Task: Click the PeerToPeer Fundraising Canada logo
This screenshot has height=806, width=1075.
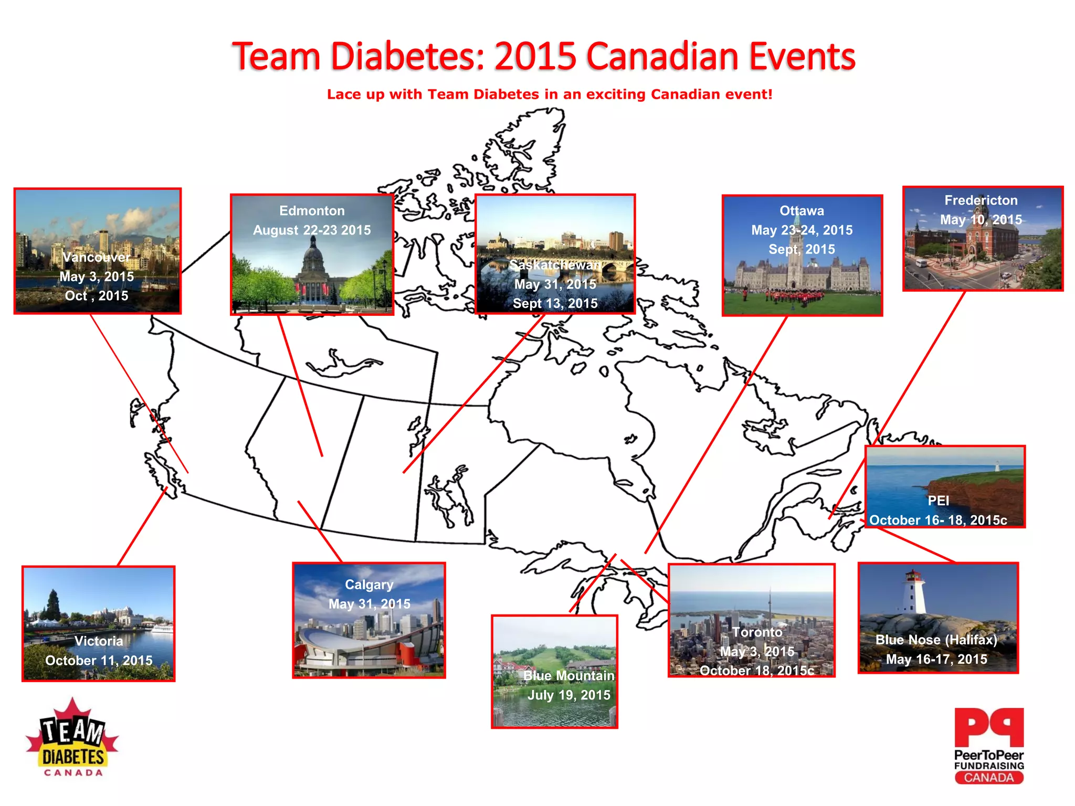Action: point(989,745)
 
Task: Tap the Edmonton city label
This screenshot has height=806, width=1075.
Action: point(312,211)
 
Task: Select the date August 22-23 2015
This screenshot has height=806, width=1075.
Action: point(312,230)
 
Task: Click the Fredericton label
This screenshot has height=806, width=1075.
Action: point(981,200)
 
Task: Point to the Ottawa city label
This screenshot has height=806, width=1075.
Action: point(802,211)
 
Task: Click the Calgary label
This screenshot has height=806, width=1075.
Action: point(369,585)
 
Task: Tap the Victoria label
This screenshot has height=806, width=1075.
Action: point(99,641)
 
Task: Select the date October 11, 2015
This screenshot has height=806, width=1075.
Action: point(99,661)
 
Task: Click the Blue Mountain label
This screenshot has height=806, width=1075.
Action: point(568,676)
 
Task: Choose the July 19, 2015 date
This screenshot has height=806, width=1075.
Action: point(569,695)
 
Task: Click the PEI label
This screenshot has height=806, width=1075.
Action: point(938,501)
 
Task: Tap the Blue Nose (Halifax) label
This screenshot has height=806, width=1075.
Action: point(936,640)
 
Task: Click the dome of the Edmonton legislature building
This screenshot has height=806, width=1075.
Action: point(313,257)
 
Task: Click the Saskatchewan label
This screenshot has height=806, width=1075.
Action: point(555,265)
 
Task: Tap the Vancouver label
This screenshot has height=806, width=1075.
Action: point(96,257)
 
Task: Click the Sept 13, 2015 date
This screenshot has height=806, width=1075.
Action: point(555,303)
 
